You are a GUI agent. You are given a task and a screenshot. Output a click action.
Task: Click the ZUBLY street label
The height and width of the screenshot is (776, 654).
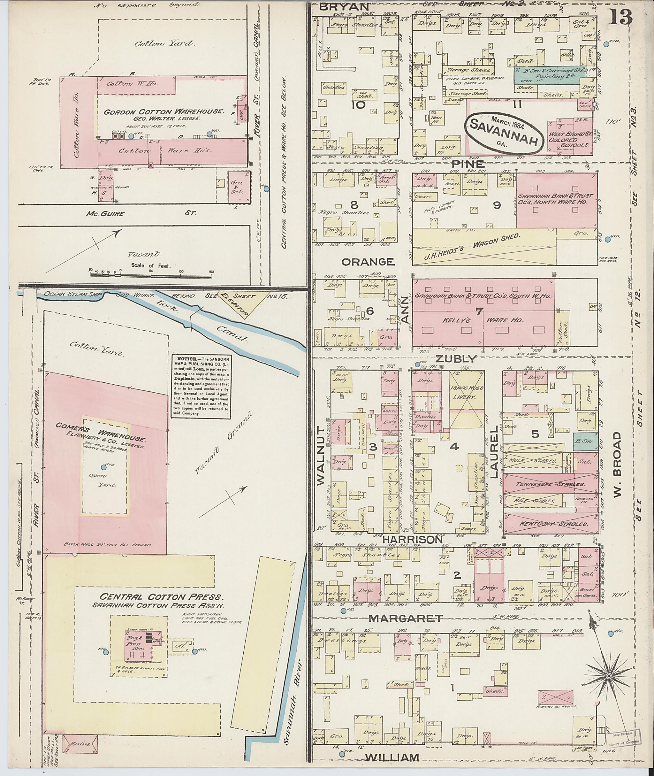pyautogui.click(x=455, y=359)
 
